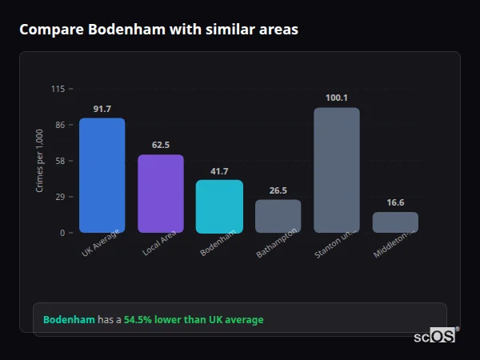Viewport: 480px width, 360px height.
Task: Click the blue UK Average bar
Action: [x=102, y=175]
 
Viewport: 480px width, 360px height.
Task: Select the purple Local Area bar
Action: [x=161, y=194]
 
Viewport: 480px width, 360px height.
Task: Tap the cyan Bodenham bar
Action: [x=219, y=206]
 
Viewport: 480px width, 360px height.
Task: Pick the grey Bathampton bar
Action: [x=278, y=216]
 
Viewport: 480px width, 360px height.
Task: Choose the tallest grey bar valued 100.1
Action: [x=337, y=170]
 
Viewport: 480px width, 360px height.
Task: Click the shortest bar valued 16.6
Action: [x=395, y=222]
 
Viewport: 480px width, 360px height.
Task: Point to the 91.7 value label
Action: [x=102, y=109]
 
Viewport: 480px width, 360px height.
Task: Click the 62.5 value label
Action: [x=161, y=145]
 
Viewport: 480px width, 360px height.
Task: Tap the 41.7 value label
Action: [x=219, y=171]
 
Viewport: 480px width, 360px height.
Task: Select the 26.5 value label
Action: [x=278, y=190]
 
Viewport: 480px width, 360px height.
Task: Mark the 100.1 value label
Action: [x=337, y=98]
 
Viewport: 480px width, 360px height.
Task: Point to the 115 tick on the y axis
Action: [x=58, y=89]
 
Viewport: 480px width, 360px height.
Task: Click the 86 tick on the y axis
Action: [x=60, y=125]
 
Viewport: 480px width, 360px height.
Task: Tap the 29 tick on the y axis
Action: [x=60, y=197]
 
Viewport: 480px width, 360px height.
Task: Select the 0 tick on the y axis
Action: [x=62, y=233]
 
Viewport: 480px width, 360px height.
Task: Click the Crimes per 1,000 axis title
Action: [x=40, y=161]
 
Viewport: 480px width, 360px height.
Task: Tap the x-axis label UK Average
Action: [x=100, y=243]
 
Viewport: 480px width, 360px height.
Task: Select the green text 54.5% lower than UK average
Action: [x=194, y=320]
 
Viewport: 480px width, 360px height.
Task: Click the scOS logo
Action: [x=435, y=336]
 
